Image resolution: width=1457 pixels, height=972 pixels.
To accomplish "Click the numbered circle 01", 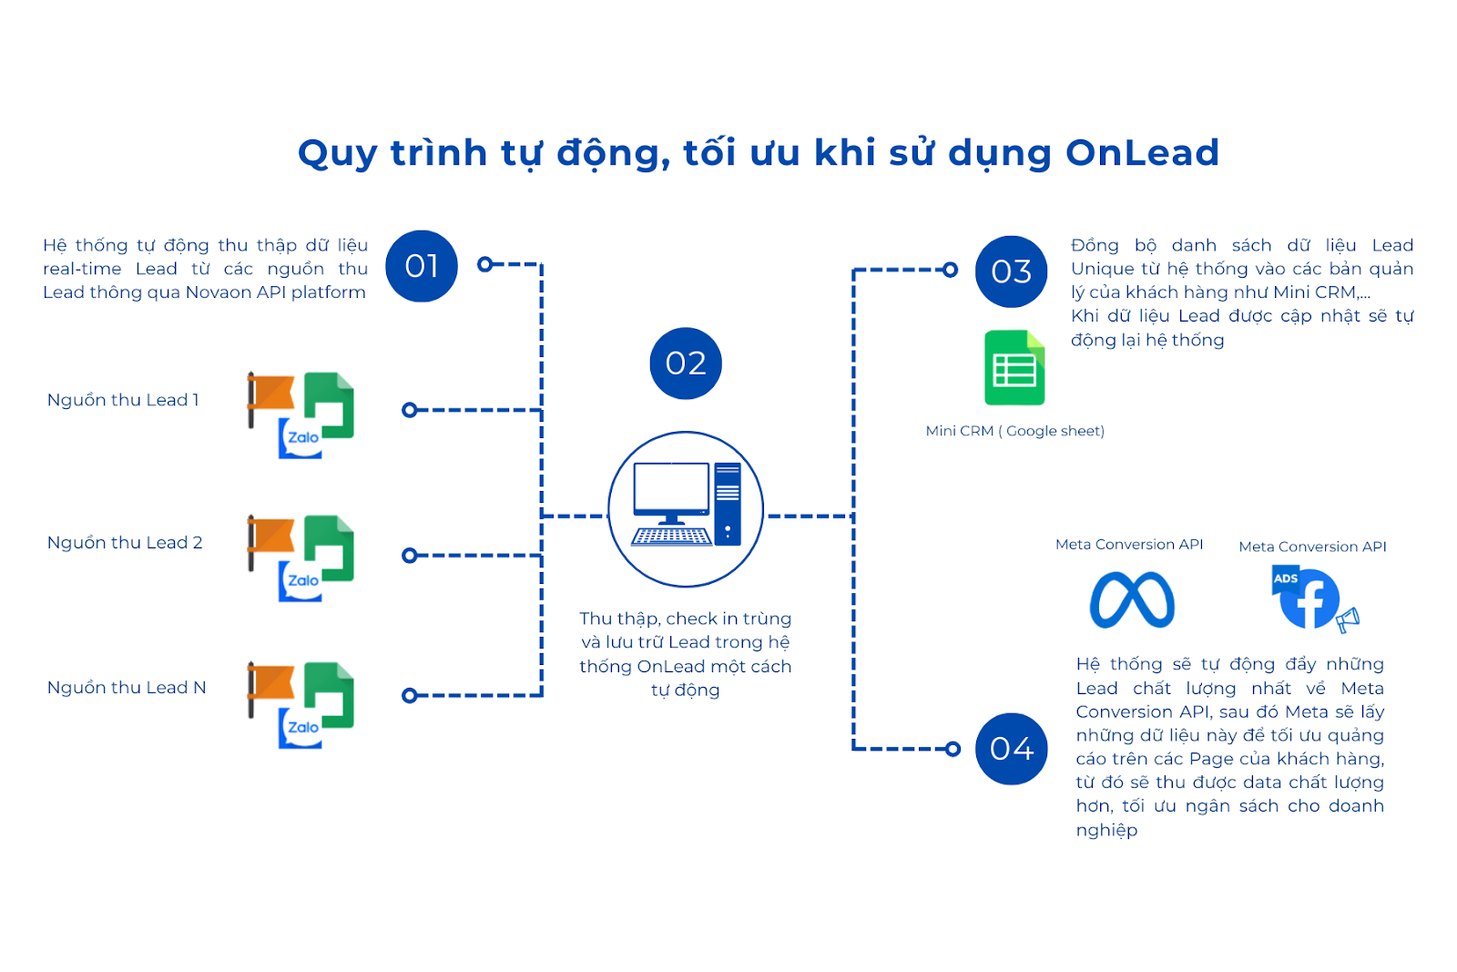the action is click(422, 266).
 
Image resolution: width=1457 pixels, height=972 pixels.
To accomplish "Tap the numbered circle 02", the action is click(686, 363).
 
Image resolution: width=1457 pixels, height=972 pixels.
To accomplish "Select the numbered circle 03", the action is click(1011, 271).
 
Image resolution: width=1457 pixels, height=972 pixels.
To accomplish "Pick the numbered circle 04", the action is click(1011, 749).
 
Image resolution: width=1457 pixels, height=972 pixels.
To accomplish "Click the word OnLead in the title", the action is click(1142, 153).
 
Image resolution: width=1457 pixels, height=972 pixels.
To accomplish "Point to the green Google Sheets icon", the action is click(1014, 368).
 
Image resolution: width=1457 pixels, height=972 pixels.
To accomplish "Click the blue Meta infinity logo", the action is click(1132, 599).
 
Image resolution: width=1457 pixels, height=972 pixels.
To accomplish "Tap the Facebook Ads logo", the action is click(1314, 599).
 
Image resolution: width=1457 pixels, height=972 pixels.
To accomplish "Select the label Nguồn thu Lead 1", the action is click(123, 400).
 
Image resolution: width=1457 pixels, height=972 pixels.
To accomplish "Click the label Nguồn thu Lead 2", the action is click(125, 543).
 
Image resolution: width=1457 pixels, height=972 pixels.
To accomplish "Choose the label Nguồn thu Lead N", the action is click(127, 688).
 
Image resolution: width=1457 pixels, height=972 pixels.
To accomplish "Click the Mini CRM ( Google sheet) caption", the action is click(1014, 431).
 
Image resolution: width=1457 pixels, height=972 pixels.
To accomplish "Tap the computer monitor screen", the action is click(670, 486).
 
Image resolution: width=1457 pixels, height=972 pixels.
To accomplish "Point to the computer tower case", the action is click(728, 504).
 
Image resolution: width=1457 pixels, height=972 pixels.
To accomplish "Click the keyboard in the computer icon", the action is click(671, 537).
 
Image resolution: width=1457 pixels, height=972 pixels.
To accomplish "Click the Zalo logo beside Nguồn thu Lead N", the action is click(301, 728).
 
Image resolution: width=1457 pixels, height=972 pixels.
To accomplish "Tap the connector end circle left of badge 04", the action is click(953, 749).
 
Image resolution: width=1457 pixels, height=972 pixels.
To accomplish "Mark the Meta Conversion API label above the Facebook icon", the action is click(1312, 547).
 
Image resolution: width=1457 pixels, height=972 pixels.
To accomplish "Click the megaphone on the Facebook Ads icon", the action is click(1348, 619).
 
